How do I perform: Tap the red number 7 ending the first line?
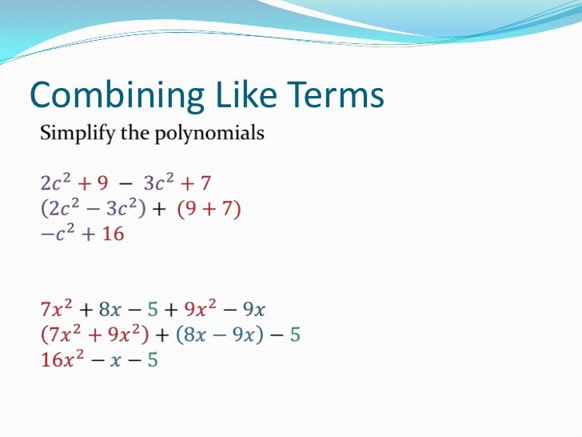pyautogui.click(x=205, y=184)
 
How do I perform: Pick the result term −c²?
pyautogui.click(x=59, y=235)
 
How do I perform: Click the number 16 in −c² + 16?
pyautogui.click(x=113, y=235)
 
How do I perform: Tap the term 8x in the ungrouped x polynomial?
pyautogui.click(x=110, y=308)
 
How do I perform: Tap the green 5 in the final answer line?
pyautogui.click(x=152, y=360)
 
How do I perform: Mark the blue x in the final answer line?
pyautogui.click(x=116, y=361)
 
